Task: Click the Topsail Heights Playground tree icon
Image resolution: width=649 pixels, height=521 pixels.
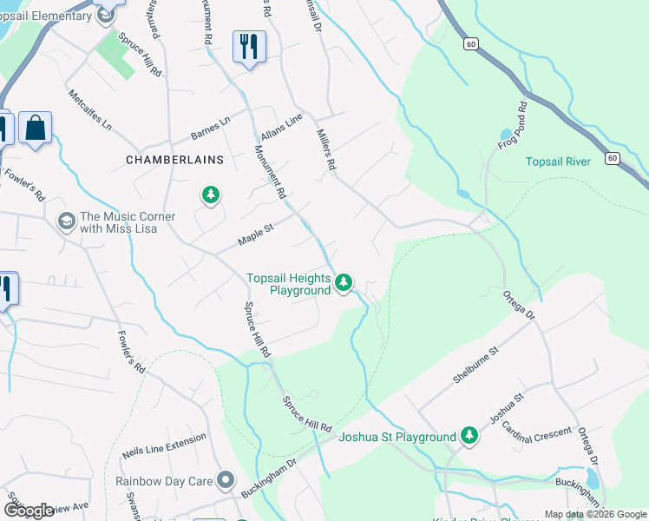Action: (344, 282)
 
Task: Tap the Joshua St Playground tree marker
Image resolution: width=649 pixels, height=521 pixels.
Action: (469, 435)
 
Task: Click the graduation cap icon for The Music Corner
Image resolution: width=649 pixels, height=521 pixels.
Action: (65, 222)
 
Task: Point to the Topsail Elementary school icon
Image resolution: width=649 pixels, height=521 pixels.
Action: (107, 14)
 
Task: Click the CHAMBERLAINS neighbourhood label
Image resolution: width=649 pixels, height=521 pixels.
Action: (174, 160)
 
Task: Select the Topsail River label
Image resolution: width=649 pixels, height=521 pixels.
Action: (558, 162)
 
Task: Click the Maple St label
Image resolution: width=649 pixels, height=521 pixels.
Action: (256, 234)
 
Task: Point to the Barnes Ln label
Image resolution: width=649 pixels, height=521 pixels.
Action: (209, 129)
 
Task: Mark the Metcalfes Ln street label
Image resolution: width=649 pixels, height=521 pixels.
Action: (90, 110)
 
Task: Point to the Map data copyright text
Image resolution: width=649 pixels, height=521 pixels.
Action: (594, 514)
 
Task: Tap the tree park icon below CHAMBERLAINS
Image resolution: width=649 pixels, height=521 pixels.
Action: (210, 195)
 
